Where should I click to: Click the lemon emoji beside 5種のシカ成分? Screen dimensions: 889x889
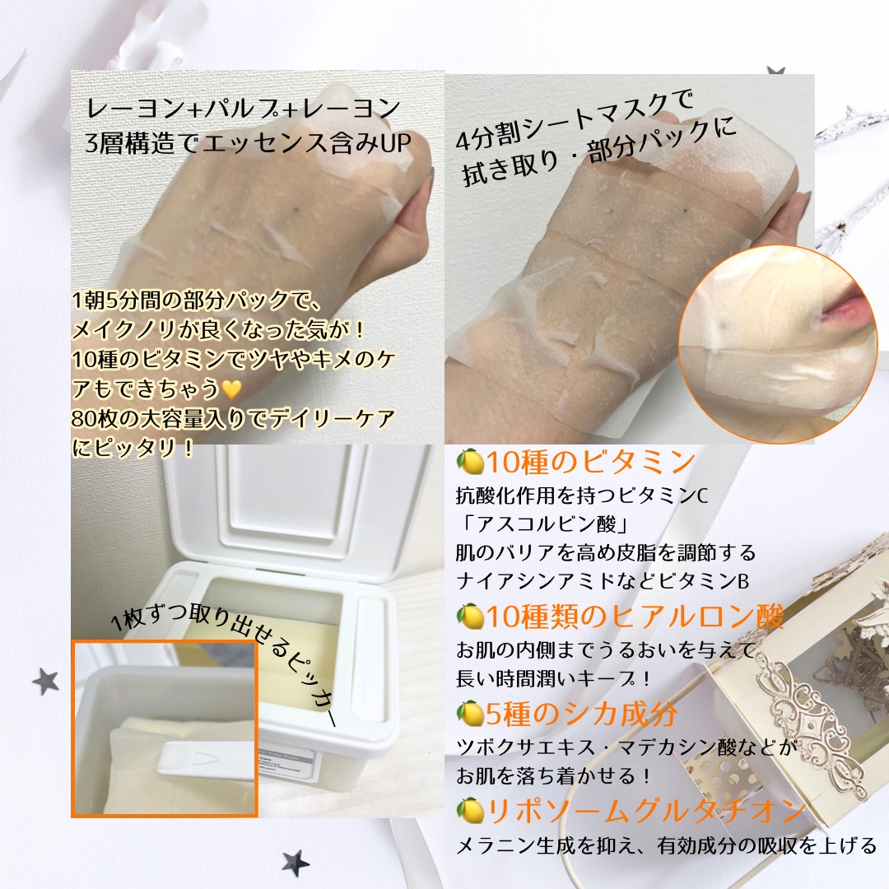[x=470, y=714]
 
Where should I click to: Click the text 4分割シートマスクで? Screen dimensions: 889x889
[x=576, y=125]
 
